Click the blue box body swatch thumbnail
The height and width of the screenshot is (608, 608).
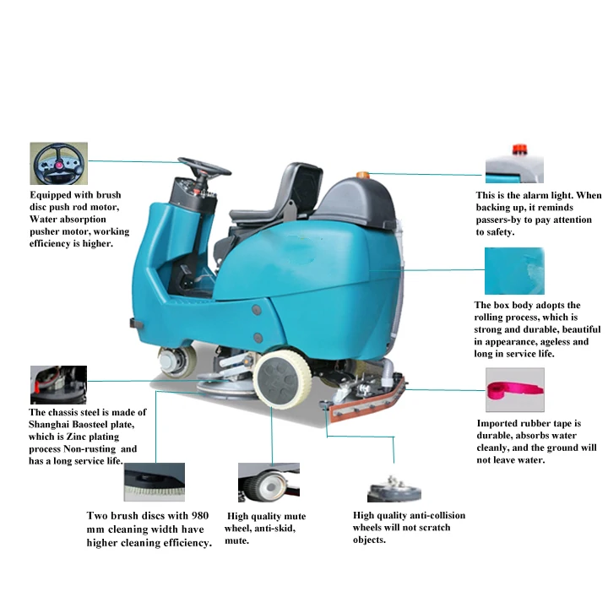point(513,270)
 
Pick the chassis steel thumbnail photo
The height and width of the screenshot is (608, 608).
point(58,385)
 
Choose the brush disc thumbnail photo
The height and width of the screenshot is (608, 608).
point(154,482)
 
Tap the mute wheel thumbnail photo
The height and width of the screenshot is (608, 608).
point(269,483)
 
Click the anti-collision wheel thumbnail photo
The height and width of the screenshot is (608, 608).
point(394,487)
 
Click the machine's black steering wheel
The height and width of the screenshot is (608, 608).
point(204,166)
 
